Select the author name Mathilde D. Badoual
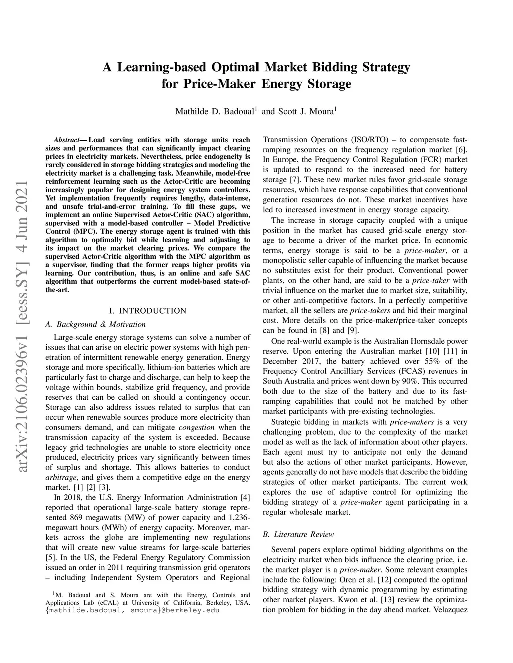(215, 111)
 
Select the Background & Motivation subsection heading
(95, 324)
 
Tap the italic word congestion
(197, 427)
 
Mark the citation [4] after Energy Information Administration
(245, 497)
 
